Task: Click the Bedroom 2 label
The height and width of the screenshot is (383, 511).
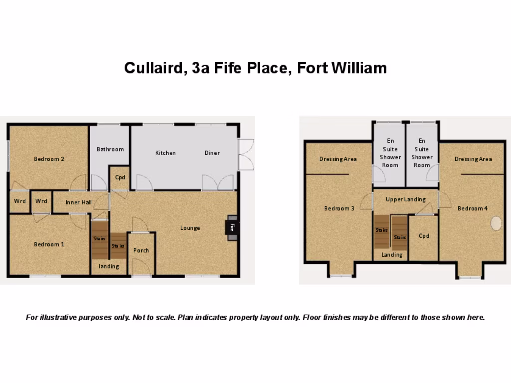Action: click(x=49, y=159)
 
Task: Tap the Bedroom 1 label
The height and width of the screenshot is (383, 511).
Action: click(x=49, y=244)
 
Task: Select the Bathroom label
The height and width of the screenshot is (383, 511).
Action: click(x=110, y=149)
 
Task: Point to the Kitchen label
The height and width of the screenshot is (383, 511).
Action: click(x=165, y=153)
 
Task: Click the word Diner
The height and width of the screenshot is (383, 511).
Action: click(x=212, y=153)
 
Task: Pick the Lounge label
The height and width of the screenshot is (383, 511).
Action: click(x=190, y=228)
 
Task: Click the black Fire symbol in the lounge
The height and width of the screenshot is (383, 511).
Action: click(x=232, y=228)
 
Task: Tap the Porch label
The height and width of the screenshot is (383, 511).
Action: click(x=141, y=250)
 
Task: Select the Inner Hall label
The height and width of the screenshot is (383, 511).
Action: click(x=79, y=202)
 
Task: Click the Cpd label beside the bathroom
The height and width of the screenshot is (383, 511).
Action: click(x=120, y=177)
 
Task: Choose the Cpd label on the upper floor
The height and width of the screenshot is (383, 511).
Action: click(x=424, y=236)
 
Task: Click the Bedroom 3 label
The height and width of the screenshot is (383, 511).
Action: click(x=339, y=208)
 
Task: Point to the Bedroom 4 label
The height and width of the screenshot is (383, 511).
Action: click(x=473, y=208)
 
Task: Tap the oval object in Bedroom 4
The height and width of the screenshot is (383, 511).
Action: click(x=496, y=224)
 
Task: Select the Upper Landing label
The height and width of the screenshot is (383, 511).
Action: click(x=406, y=199)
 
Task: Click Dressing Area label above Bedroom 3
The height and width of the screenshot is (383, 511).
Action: click(x=338, y=159)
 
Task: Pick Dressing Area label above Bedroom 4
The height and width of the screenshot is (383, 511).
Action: click(x=473, y=159)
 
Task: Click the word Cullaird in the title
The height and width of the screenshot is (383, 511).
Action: click(x=155, y=68)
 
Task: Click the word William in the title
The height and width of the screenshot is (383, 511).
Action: click(x=358, y=68)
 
